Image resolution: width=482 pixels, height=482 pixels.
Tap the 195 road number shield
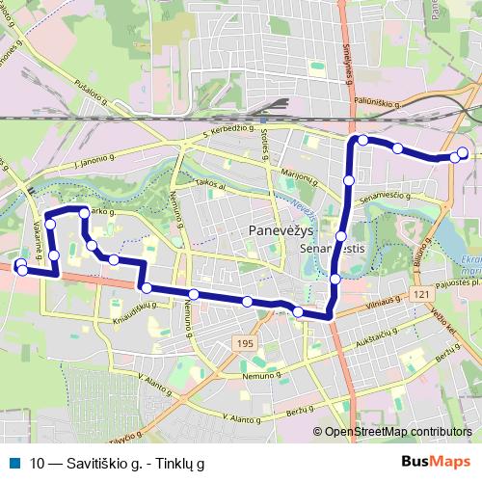click(245, 343)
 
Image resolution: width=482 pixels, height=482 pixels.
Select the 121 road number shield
click(419, 293)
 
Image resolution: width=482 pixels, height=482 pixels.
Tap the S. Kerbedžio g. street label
click(228, 130)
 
